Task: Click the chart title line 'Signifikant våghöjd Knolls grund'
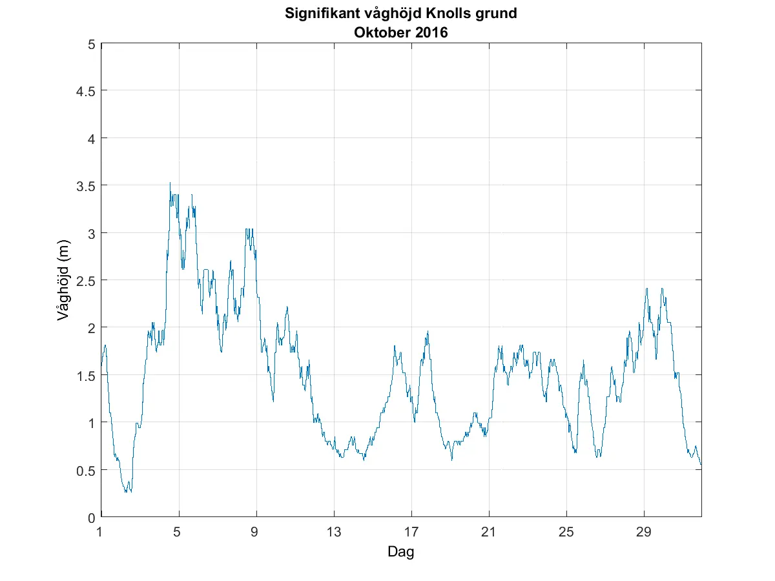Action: tap(401, 14)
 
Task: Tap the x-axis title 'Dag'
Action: tap(400, 552)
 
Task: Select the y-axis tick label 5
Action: tap(91, 45)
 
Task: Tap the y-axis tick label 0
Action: tap(91, 517)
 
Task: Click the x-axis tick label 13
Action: tap(334, 532)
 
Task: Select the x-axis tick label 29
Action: tap(644, 532)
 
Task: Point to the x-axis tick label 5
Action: tap(179, 532)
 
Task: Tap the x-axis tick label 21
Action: tap(489, 532)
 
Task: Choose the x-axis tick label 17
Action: tap(411, 532)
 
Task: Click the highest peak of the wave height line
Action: tap(170, 183)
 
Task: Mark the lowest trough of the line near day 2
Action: tap(126, 492)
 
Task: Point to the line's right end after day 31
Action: tap(701, 464)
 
